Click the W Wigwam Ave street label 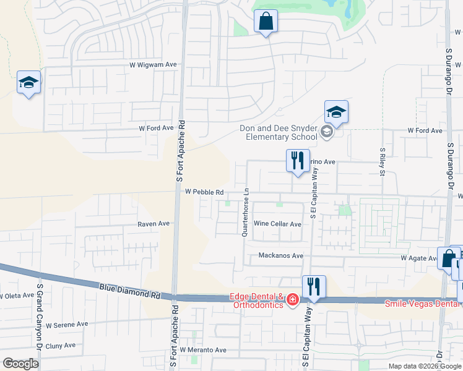tap(153, 64)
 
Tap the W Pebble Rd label tap(204, 192)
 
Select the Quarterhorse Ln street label tap(246, 211)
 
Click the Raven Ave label tap(154, 223)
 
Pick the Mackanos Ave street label tap(280, 255)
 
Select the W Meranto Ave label tap(203, 350)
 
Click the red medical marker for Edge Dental tap(292, 301)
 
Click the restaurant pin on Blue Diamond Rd tap(313, 287)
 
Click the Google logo tap(20, 364)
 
